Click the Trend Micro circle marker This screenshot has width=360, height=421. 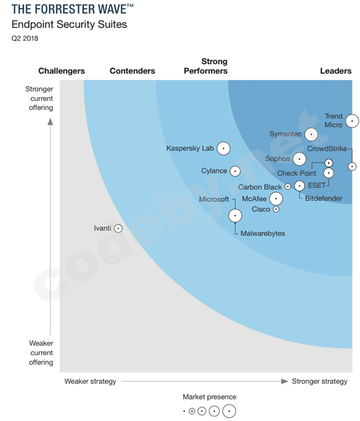coord(351,121)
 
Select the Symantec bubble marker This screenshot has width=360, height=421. coord(311,134)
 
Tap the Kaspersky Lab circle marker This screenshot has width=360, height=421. coord(223,148)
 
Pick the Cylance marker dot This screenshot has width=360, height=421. coord(235,171)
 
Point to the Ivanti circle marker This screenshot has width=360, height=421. coord(118,228)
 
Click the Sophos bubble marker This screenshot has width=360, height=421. coord(299,159)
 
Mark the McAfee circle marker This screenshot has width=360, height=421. coord(276,199)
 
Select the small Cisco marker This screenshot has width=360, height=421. coord(276,210)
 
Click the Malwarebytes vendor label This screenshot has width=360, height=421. coord(262,234)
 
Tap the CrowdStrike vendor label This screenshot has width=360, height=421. coord(327,149)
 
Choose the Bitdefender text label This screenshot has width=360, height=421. coord(323,199)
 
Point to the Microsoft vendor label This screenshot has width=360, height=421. coord(214,199)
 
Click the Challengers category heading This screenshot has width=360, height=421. coord(61,71)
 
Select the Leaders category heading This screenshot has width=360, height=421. coord(335,71)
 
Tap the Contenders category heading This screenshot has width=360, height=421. coord(132,71)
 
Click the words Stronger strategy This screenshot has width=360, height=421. coord(319,381)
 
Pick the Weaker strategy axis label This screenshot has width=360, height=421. coord(90,381)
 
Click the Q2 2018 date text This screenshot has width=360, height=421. coord(25,38)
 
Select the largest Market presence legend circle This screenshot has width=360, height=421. coord(229,411)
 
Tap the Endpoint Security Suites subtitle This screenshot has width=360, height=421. coord(69,25)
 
